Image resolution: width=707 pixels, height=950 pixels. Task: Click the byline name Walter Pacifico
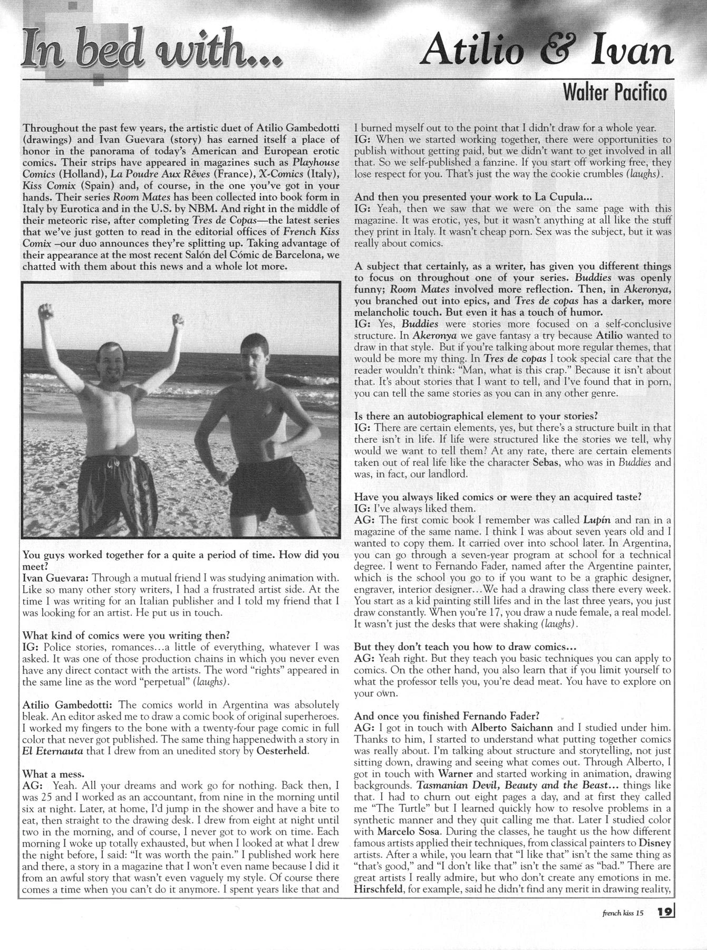[x=615, y=93]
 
